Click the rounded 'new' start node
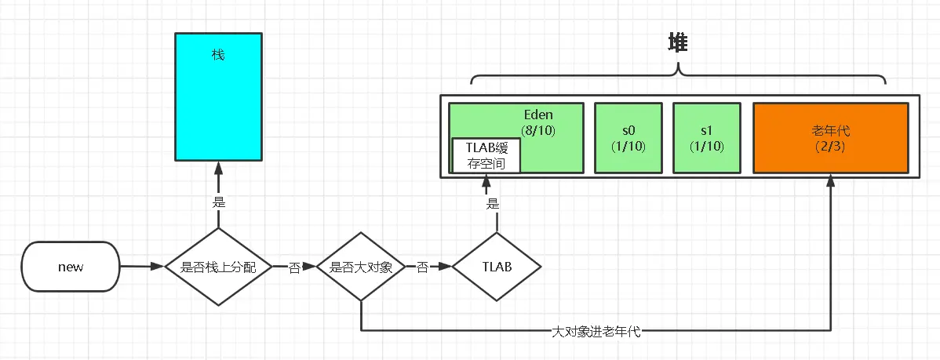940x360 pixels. [x=71, y=267]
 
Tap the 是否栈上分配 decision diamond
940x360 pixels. [x=218, y=267]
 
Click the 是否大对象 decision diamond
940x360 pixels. [x=360, y=267]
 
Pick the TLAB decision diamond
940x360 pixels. [x=496, y=267]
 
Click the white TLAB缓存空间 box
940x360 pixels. [x=486, y=155]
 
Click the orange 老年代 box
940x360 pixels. [x=830, y=137]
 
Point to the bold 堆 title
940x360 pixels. [x=677, y=44]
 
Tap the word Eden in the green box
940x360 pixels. [x=538, y=115]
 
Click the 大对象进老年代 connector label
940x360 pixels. [x=596, y=332]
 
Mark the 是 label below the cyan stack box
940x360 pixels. [x=219, y=202]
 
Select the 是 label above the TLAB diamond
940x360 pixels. [x=493, y=204]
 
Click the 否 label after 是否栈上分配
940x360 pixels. [x=294, y=268]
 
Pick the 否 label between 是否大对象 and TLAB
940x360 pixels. [x=422, y=268]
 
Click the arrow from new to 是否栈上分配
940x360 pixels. [x=142, y=267]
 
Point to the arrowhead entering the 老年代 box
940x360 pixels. [x=830, y=180]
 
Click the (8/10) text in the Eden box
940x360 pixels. [x=538, y=130]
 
